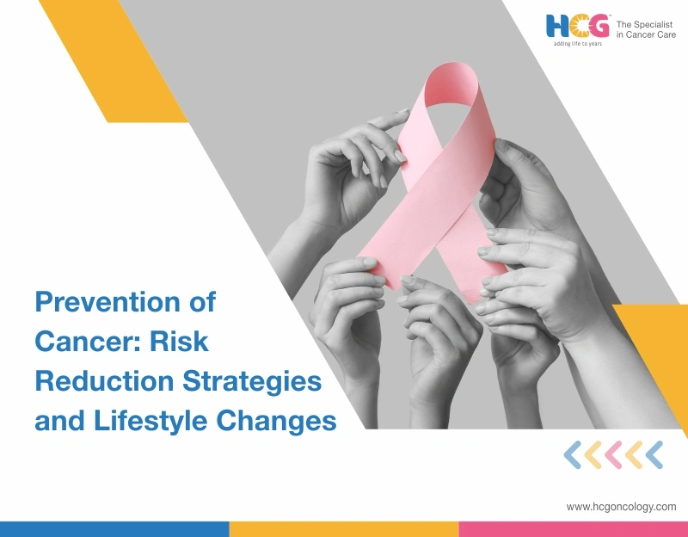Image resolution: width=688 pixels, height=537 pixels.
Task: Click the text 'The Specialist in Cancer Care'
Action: pyautogui.click(x=646, y=27)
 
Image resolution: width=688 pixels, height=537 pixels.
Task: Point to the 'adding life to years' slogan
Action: pyautogui.click(x=577, y=43)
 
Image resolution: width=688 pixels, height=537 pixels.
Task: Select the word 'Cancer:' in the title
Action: pyautogui.click(x=84, y=342)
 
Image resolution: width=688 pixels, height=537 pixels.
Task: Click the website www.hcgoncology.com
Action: pyautogui.click(x=621, y=507)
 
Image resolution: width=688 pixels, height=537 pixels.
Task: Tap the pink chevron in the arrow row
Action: pyautogui.click(x=612, y=454)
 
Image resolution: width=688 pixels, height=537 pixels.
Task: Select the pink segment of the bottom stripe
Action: pyautogui.click(x=573, y=528)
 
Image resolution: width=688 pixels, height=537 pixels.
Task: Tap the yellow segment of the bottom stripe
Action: pyautogui.click(x=343, y=528)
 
